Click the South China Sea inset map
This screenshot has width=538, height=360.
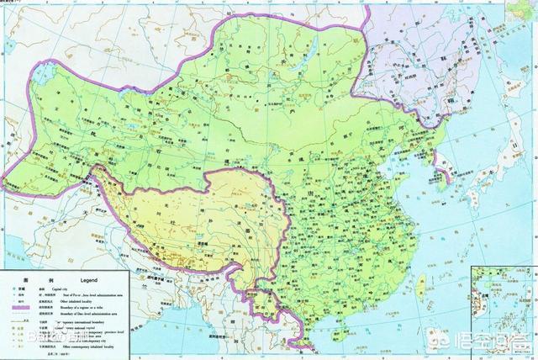coord(504,311)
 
